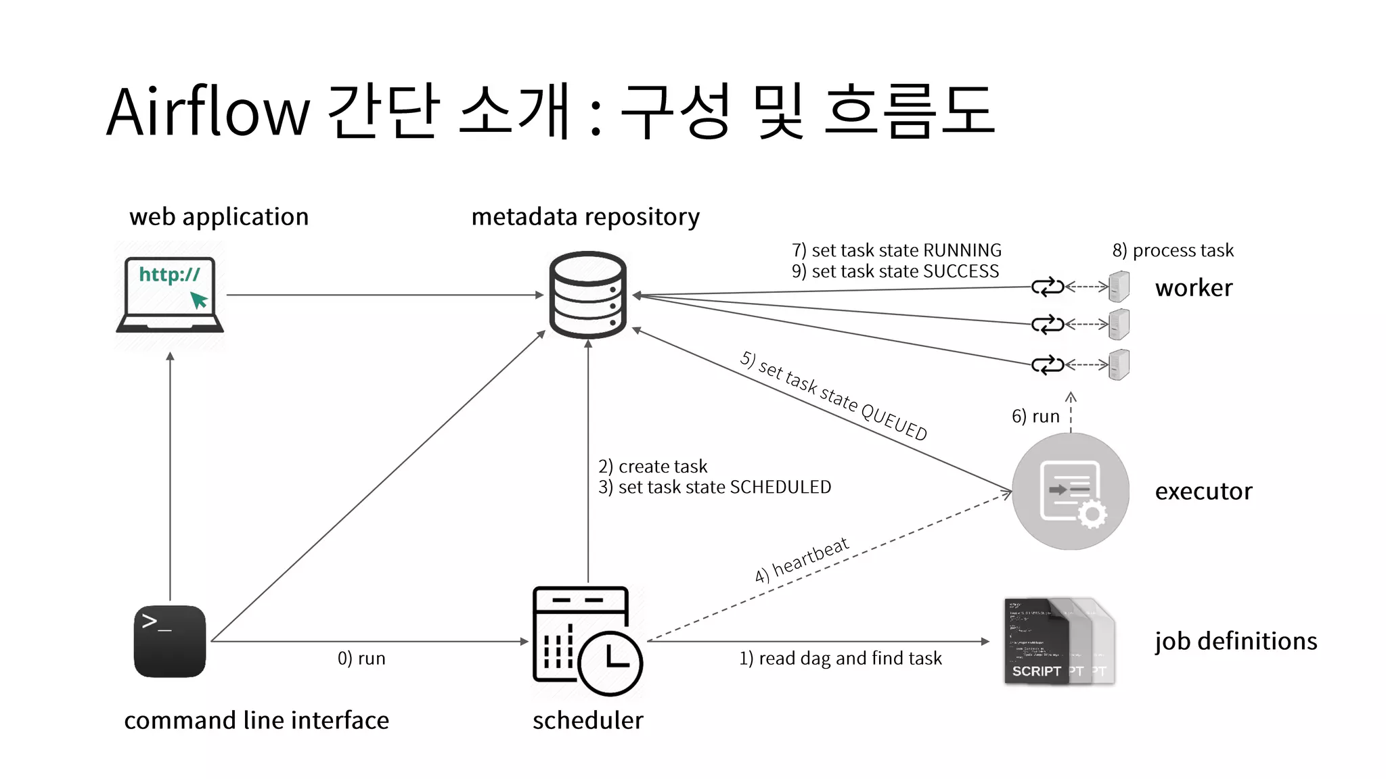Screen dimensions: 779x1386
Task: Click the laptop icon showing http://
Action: [170, 295]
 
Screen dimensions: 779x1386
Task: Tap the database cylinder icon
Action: [587, 295]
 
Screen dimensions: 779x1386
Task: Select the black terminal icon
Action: [170, 641]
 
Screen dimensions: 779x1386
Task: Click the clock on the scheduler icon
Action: [610, 661]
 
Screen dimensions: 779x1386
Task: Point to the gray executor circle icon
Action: [1071, 491]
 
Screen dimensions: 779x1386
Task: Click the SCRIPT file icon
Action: [1036, 641]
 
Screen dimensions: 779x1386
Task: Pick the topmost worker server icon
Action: [1119, 287]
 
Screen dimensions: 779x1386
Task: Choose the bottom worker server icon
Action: [1119, 365]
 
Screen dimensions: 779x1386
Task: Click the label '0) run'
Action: [361, 659]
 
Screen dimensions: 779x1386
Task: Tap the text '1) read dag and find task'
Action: [840, 659]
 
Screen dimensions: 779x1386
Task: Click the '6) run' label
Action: [1035, 417]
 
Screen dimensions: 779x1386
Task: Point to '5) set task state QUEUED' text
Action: [834, 396]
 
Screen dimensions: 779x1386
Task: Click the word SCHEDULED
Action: [780, 488]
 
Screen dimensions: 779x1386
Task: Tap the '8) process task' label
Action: [1173, 251]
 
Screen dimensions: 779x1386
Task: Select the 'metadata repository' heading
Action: [585, 217]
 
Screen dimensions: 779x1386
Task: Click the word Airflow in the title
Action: [208, 112]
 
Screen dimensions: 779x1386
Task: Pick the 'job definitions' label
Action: [1236, 641]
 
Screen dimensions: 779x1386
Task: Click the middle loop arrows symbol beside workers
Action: [1048, 325]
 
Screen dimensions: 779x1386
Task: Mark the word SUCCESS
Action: [961, 272]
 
